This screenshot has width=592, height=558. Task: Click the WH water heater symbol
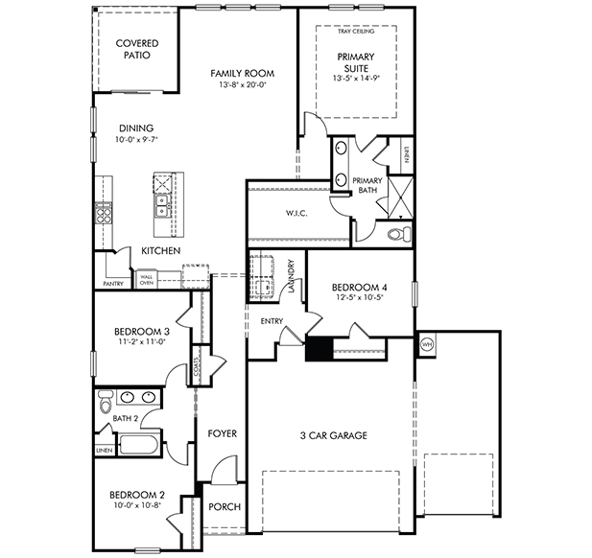click(x=427, y=344)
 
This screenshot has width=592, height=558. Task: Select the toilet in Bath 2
click(x=106, y=402)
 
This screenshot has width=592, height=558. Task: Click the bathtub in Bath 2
click(x=138, y=445)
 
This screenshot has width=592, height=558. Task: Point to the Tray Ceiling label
click(x=356, y=32)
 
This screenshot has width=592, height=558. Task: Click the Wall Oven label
click(x=147, y=280)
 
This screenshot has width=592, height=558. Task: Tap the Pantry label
click(x=113, y=284)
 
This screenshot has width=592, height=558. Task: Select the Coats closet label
click(x=197, y=366)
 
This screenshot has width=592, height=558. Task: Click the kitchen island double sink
click(x=161, y=205)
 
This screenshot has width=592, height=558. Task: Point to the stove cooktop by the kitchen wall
click(x=104, y=214)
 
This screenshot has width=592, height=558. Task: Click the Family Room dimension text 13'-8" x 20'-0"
click(x=243, y=85)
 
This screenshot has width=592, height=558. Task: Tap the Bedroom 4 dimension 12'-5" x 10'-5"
click(x=360, y=297)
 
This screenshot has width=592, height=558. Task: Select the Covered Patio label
click(x=137, y=49)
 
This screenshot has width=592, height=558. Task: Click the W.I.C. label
click(x=296, y=214)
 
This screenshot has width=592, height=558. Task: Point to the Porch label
click(x=225, y=506)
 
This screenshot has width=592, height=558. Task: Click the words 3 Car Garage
click(x=333, y=436)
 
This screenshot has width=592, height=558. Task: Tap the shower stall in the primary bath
click(x=401, y=198)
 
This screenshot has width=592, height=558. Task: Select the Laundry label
click(x=291, y=276)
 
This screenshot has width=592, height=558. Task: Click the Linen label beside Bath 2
click(x=105, y=451)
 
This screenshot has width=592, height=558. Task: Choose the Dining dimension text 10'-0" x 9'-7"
click(x=136, y=140)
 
